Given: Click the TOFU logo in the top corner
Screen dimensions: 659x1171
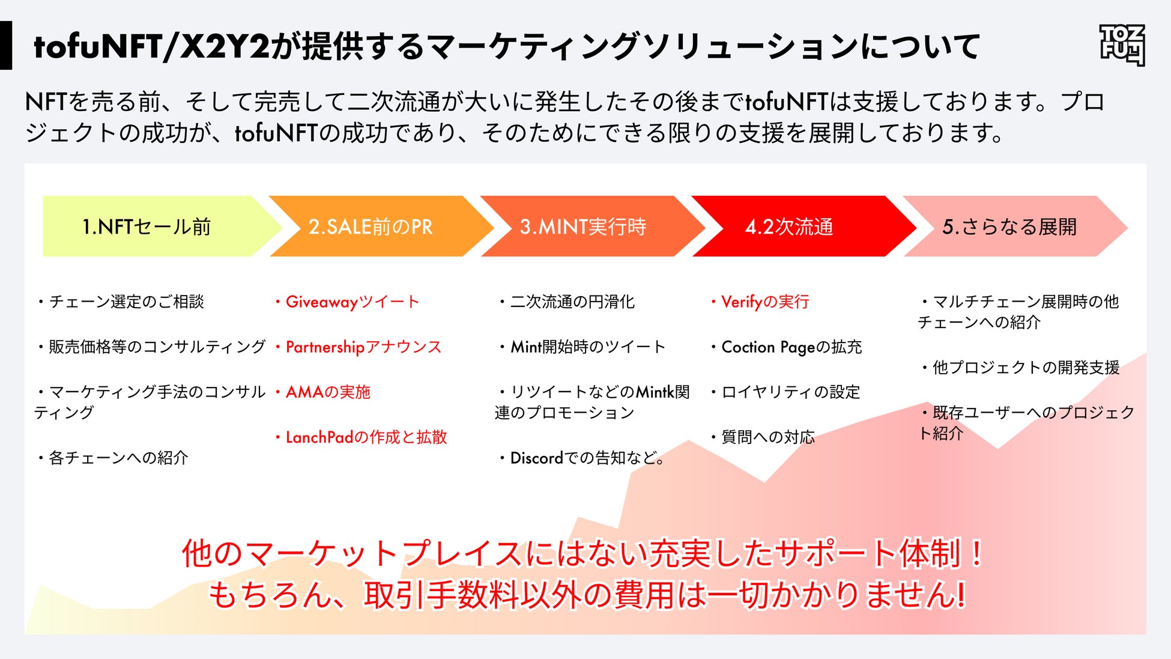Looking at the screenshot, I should coord(1122,45).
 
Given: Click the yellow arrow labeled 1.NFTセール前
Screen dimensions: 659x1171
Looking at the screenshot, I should coord(147,226).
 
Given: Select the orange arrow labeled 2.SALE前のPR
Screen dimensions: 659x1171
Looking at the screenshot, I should coord(371,226).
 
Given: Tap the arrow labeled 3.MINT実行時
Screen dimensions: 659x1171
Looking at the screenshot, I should coord(582,226).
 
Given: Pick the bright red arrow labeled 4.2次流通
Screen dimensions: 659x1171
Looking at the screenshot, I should coord(789,226).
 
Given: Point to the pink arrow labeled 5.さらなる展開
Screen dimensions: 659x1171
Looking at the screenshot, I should coord(1009,226).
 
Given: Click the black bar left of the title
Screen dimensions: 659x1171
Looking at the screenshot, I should coord(6,46).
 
